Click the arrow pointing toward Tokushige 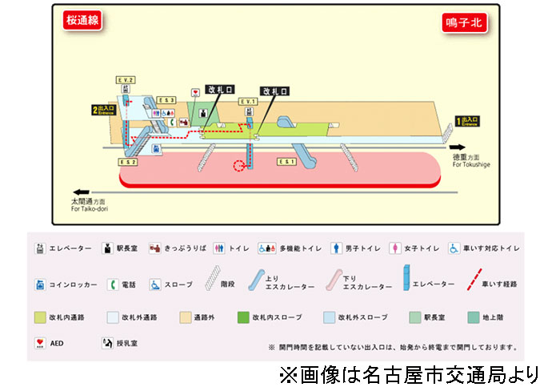[460, 147]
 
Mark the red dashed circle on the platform [238, 167]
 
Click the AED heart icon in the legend [40, 344]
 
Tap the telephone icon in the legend [114, 284]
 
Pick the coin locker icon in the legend [40, 284]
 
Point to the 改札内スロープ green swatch [243, 316]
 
